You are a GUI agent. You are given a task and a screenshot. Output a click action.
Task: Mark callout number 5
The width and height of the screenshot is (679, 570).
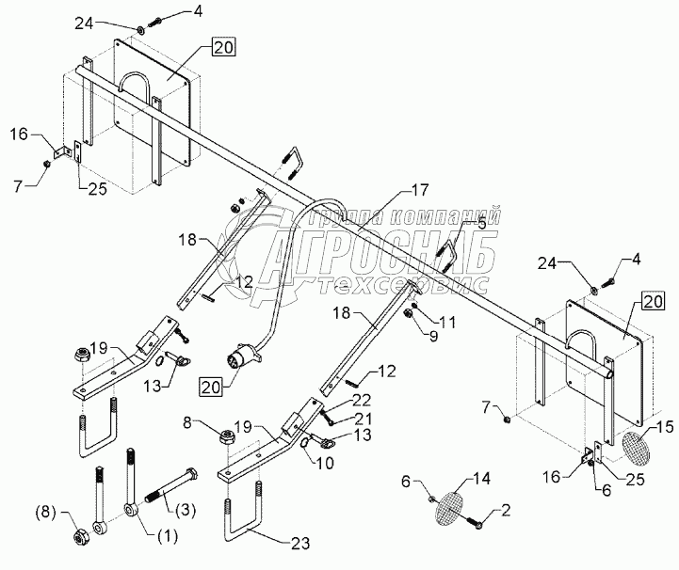pyautogui.click(x=482, y=224)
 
